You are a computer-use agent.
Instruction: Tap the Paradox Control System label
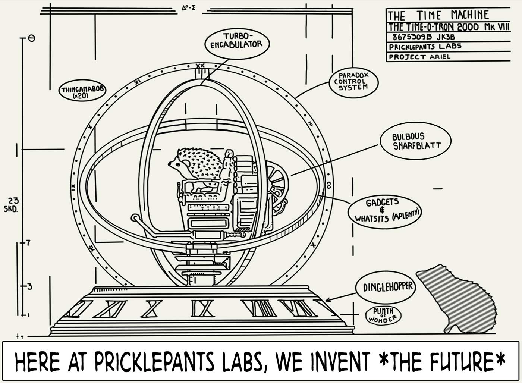pyautogui.click(x=353, y=81)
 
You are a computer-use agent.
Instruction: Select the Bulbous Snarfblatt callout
pyautogui.click(x=416, y=141)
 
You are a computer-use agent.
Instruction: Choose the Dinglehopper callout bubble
pyautogui.click(x=388, y=286)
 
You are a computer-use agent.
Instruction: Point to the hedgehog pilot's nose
pyautogui.click(x=169, y=163)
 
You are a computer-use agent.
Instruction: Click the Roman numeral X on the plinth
pyautogui.click(x=151, y=308)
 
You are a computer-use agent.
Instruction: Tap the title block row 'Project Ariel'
pyautogui.click(x=419, y=57)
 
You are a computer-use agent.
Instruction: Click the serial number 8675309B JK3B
pyautogui.click(x=424, y=37)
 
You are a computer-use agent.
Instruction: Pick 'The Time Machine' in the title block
pyautogui.click(x=438, y=16)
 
